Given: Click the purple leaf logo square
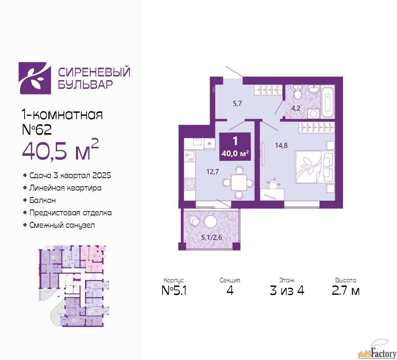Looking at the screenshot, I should [x=35, y=78].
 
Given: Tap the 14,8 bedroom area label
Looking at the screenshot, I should [x=281, y=145].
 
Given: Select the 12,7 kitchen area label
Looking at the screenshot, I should [x=212, y=172].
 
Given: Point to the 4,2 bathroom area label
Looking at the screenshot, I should [x=296, y=108].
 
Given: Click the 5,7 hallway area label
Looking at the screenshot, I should [x=237, y=104].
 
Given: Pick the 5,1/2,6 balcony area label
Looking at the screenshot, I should [x=212, y=238].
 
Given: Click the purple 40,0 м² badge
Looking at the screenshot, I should [x=235, y=147].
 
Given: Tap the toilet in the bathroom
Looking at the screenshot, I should [x=298, y=92].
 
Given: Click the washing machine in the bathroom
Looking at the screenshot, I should [x=313, y=113].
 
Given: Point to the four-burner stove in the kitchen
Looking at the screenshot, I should [x=190, y=184].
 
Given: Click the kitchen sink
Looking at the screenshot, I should [x=189, y=155].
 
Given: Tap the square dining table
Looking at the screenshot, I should [x=239, y=183].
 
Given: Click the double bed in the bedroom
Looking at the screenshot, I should [x=314, y=167].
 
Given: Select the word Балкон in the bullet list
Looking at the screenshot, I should [x=42, y=200].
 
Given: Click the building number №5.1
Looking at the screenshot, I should [x=174, y=290].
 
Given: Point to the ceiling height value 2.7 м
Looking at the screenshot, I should [x=346, y=290].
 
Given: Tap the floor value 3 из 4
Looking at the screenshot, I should [x=287, y=290].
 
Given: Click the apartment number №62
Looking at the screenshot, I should [x=37, y=130].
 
